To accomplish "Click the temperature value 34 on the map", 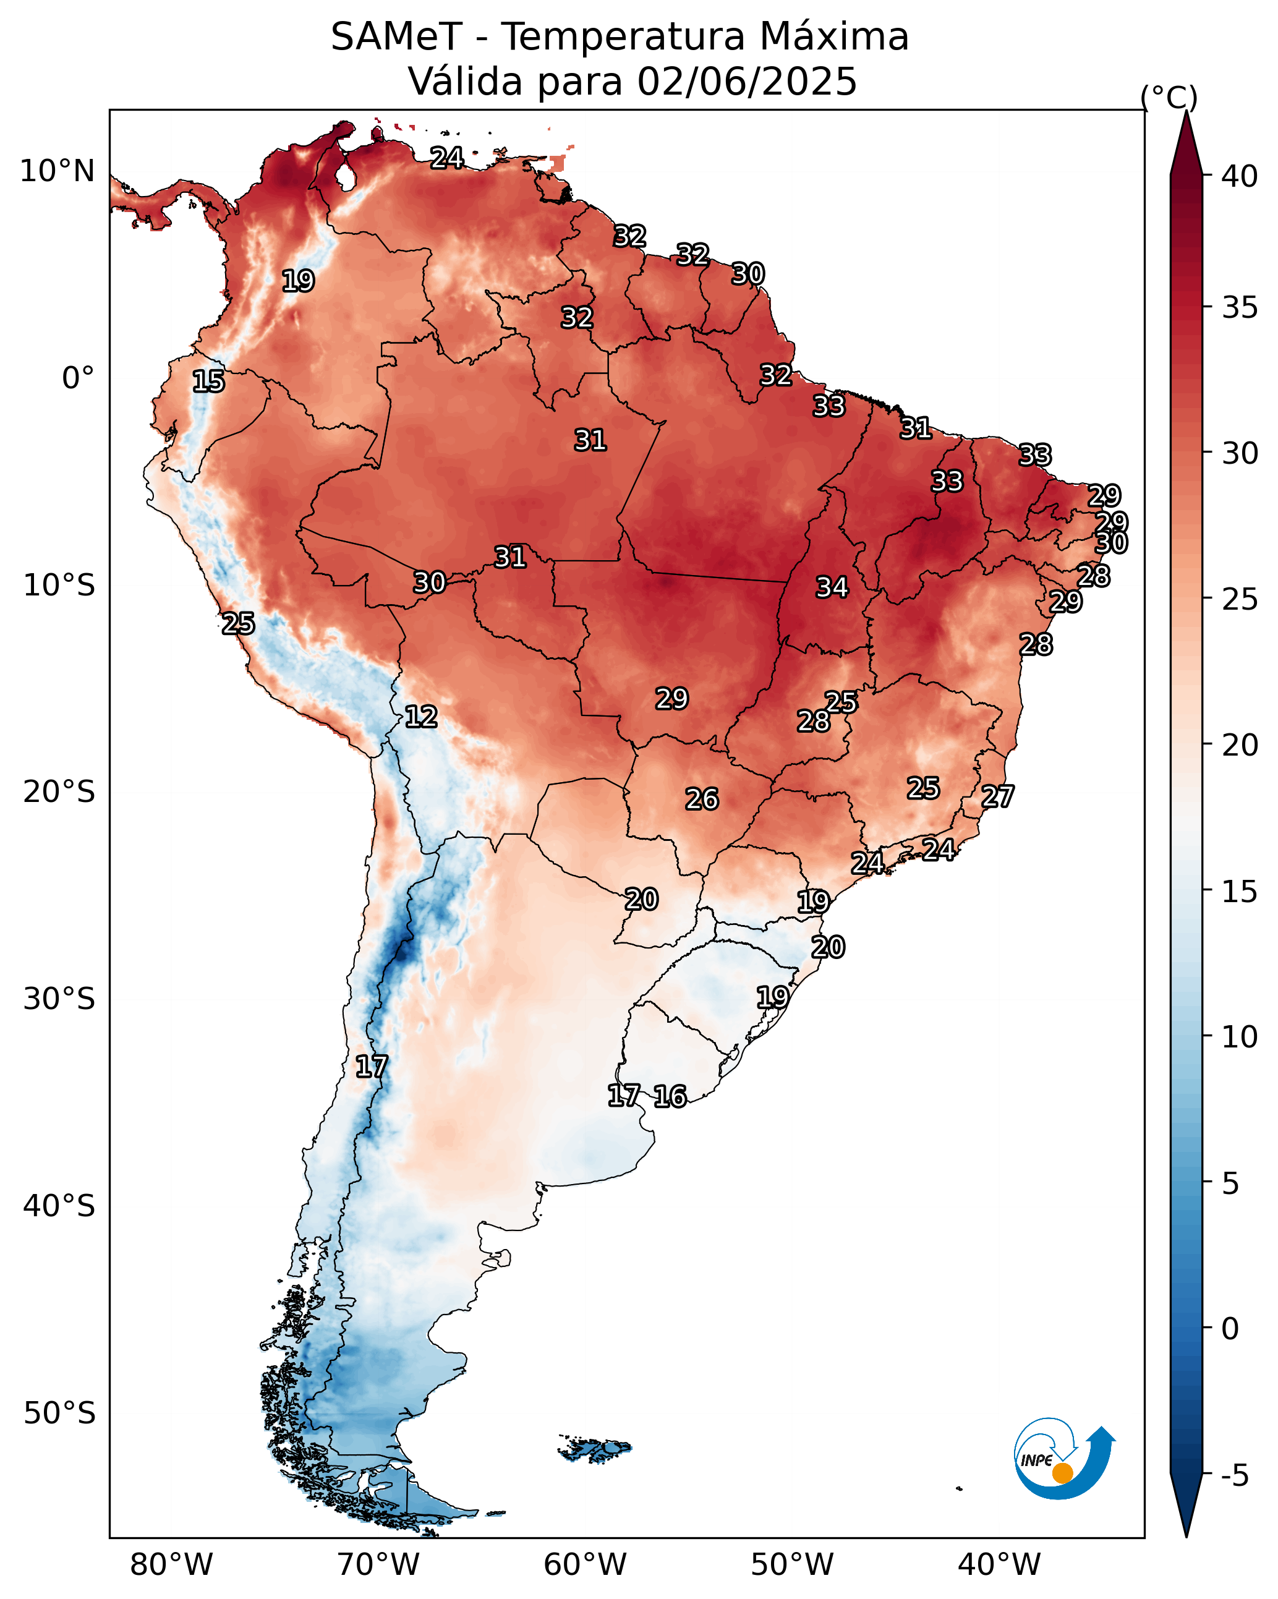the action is point(832,587).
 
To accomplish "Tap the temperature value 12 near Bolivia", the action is point(420,717).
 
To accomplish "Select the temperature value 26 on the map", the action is point(702,799).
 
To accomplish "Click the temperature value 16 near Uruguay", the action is point(670,1096).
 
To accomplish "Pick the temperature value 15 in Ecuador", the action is point(208,382).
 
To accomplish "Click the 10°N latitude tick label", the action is point(57,171).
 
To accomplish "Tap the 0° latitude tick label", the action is point(79,378).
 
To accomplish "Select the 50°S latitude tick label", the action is point(59,1414).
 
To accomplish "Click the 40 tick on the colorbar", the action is point(1240,176).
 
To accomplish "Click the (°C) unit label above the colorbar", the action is point(1169,97).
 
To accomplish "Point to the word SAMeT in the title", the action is point(396,37).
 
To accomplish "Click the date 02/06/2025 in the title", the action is point(747,82).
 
